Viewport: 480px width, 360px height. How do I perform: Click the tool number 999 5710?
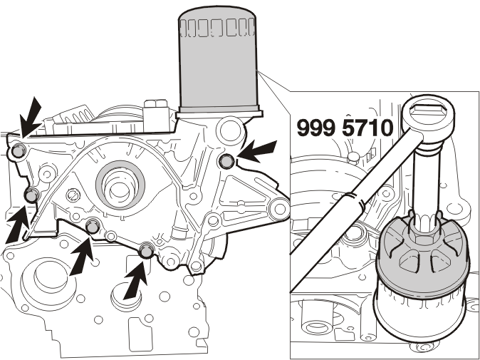coord(345,128)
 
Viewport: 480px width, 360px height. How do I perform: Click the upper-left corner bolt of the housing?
coord(18,151)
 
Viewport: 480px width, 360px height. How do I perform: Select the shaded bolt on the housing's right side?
coord(227,161)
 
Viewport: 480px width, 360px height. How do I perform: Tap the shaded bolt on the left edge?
coord(31,195)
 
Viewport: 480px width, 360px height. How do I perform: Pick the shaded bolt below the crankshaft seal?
coord(92,227)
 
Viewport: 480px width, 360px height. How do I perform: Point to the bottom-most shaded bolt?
coord(146,250)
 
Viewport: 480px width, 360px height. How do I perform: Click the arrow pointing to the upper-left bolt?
coord(30,118)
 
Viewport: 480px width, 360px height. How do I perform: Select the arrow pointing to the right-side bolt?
coord(256,151)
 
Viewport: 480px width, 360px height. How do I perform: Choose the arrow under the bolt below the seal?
coord(81,256)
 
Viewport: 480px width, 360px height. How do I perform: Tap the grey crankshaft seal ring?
coord(120,185)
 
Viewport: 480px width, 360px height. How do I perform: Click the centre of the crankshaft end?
coord(119,187)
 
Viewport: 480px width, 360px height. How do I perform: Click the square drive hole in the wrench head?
coord(428,109)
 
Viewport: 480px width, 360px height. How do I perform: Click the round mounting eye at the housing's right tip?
coord(279,210)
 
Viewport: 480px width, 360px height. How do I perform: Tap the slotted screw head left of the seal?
coord(73,194)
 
